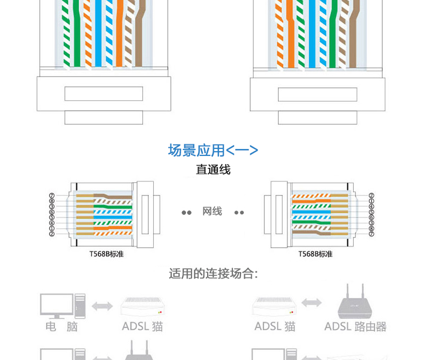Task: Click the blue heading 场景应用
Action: click(196, 150)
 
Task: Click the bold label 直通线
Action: click(213, 170)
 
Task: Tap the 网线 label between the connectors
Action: click(212, 211)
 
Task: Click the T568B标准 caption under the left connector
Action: click(106, 254)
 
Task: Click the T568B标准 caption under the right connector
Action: click(315, 254)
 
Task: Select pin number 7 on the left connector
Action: click(52, 196)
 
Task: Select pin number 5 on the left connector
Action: click(52, 218)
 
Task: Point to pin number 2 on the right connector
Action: click(371, 196)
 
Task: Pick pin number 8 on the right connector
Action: click(371, 228)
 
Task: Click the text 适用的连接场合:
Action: click(213, 274)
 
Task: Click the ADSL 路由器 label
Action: click(355, 327)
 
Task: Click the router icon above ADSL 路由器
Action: click(354, 304)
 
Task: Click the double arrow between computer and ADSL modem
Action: click(102, 307)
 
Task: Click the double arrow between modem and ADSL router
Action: click(311, 303)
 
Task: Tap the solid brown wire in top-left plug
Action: click(139, 38)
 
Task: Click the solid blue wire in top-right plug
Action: click(313, 38)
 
